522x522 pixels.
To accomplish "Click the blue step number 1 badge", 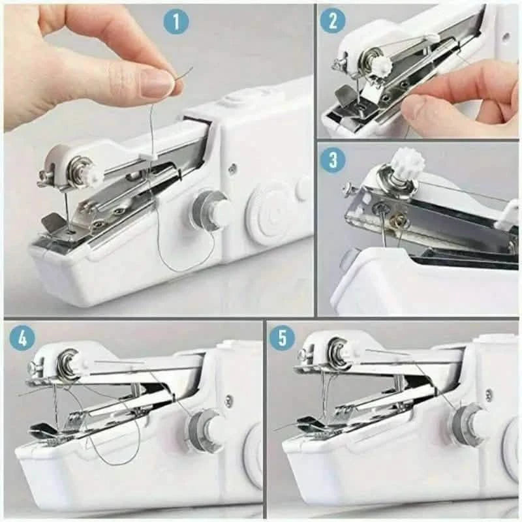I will [x=176, y=22].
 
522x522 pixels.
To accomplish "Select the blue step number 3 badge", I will [x=333, y=160].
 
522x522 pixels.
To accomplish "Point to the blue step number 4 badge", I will [x=22, y=337].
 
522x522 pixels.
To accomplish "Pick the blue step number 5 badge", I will [x=283, y=337].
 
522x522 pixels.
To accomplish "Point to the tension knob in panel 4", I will [x=70, y=362].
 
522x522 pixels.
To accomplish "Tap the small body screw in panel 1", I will [x=232, y=169].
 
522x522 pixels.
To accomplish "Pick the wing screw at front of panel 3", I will [x=349, y=189].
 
